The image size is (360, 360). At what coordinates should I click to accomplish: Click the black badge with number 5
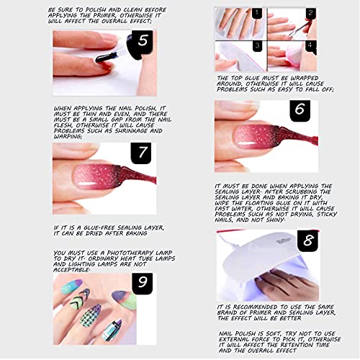144,41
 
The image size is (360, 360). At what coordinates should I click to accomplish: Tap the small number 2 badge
310,13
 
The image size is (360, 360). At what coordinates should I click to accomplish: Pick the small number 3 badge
257,45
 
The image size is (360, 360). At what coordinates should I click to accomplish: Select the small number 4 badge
310,45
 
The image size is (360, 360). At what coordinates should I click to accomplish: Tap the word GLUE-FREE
97,226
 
